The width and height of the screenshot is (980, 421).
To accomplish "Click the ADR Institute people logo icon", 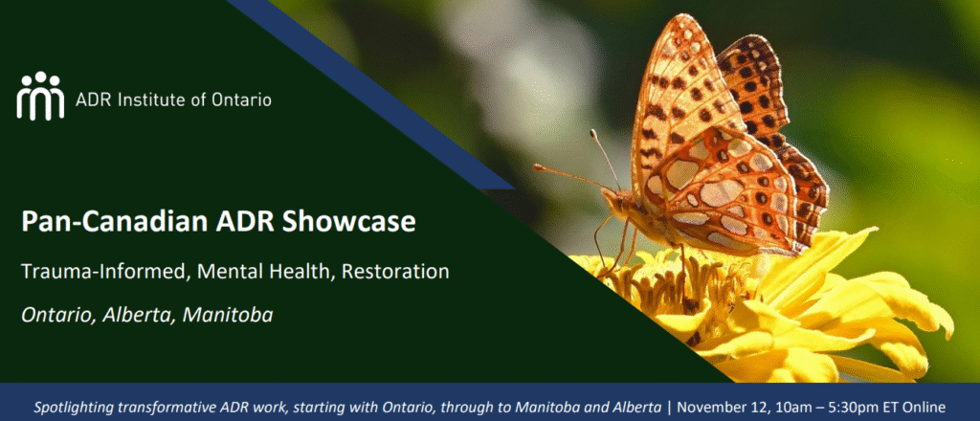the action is click(40, 96).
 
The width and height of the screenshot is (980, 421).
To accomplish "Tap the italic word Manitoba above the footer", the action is click(228, 315).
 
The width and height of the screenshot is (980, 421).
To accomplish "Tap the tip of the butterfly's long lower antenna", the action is click(536, 166).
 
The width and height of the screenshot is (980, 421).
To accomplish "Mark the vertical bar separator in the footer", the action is click(669, 409).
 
